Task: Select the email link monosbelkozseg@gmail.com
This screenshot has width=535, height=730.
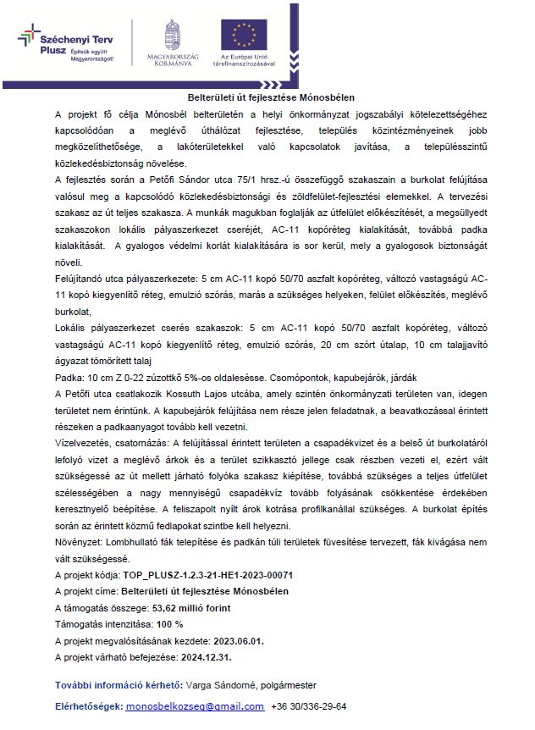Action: coord(194,705)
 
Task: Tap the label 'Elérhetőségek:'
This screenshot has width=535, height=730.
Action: coord(88,705)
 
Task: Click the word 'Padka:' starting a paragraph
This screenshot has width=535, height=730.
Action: coord(69,377)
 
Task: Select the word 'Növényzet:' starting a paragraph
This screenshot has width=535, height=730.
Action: coord(79,542)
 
